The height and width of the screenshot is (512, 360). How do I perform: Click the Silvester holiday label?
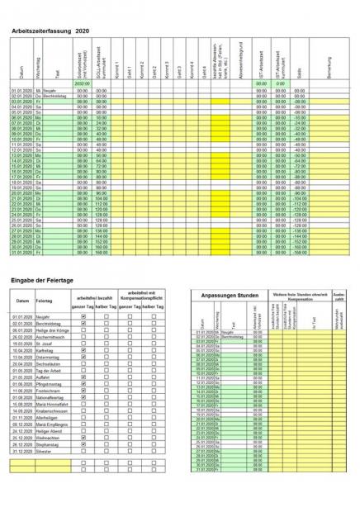(46, 450)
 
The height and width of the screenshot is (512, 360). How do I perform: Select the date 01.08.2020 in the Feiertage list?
(21, 397)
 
